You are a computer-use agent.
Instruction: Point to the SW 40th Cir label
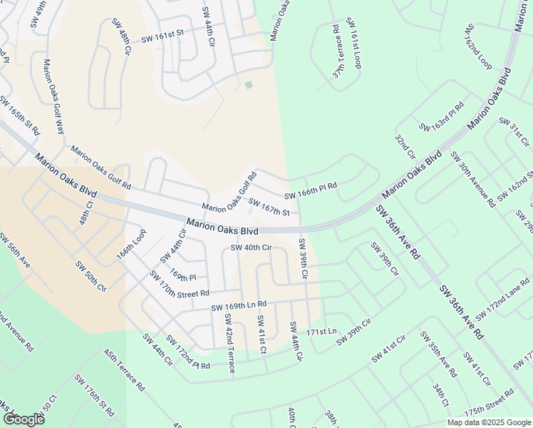[x=252, y=248]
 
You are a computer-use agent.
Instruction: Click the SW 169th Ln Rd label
[x=239, y=306]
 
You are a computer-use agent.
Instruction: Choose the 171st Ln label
[x=321, y=332]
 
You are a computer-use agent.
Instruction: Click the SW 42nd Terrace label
[x=229, y=343]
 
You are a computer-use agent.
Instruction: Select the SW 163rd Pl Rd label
[x=442, y=117]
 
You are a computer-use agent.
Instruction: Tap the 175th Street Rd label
[x=490, y=403]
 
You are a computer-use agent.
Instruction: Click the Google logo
[x=24, y=419]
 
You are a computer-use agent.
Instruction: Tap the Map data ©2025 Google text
[x=488, y=422]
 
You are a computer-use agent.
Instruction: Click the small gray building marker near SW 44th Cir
[x=248, y=85]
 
